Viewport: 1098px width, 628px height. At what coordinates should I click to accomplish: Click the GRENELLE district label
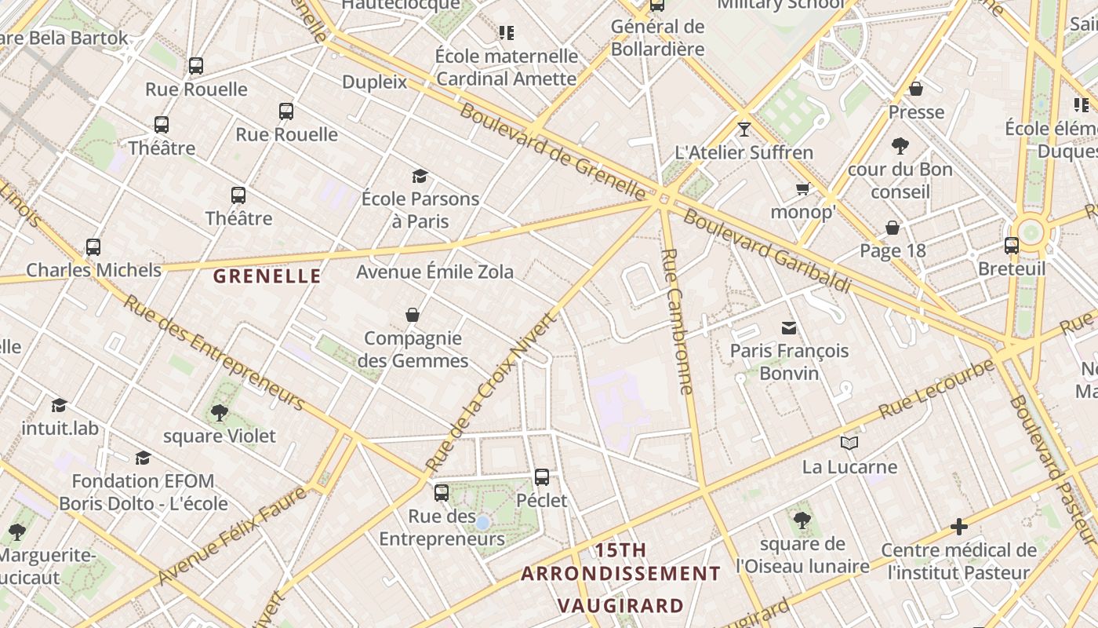[x=267, y=276]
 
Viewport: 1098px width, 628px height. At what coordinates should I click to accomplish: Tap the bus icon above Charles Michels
[x=93, y=247]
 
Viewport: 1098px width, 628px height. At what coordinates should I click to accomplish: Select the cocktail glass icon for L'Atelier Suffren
[x=744, y=129]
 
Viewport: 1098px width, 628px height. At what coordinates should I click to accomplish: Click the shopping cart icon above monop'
[x=802, y=189]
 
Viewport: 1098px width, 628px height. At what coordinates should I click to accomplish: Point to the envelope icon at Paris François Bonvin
[x=788, y=327]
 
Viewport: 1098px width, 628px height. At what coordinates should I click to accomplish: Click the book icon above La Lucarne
[x=849, y=444]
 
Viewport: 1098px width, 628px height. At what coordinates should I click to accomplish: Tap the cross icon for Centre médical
[x=958, y=526]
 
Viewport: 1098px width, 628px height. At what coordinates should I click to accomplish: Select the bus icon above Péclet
[x=541, y=476]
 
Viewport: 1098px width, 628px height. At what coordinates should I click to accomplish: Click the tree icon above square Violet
[x=219, y=412]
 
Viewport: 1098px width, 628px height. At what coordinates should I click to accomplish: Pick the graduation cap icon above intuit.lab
[x=59, y=405]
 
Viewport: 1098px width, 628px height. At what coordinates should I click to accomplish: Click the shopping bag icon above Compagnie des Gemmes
[x=413, y=315]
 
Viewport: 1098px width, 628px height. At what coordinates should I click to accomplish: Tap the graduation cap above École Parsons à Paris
[x=420, y=176]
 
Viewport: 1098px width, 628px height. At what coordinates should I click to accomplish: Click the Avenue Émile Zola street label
[x=435, y=272]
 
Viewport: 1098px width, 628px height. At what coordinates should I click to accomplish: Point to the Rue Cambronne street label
[x=678, y=322]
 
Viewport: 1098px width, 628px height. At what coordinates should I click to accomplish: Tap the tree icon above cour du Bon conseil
[x=900, y=145]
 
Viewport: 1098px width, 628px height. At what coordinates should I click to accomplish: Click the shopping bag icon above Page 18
[x=892, y=228]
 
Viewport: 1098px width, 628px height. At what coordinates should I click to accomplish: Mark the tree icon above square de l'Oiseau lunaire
[x=802, y=520]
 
